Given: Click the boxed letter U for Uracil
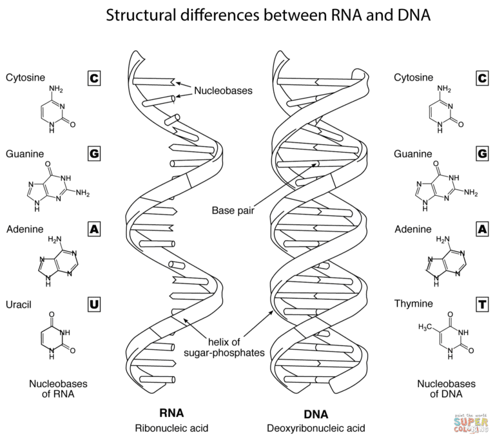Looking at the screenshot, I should (94, 304).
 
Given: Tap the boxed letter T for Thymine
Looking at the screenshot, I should (482, 304).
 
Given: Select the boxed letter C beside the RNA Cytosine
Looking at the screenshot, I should (94, 78).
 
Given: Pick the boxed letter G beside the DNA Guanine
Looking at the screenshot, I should (482, 154).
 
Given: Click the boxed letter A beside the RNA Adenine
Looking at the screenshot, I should (94, 229).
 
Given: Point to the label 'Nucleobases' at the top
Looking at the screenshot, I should (224, 91).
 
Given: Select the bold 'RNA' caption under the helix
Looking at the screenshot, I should (172, 412).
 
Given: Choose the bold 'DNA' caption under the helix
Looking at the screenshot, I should (316, 414).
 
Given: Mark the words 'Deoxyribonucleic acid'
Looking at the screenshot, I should (316, 428).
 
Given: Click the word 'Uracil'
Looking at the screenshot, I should (18, 303).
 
